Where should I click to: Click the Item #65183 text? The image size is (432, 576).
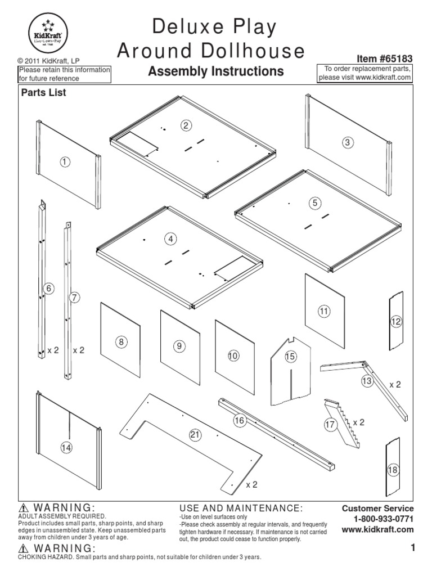tap(385, 58)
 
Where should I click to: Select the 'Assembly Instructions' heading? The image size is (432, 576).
tap(215, 71)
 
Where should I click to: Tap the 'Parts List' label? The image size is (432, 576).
tap(43, 93)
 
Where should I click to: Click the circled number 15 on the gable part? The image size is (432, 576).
tap(290, 356)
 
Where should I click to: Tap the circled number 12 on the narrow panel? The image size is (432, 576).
tap(396, 321)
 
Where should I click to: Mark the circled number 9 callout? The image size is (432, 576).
tap(179, 346)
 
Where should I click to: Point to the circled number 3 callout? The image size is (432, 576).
tap(348, 142)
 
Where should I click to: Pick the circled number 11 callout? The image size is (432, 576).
tap(323, 310)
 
